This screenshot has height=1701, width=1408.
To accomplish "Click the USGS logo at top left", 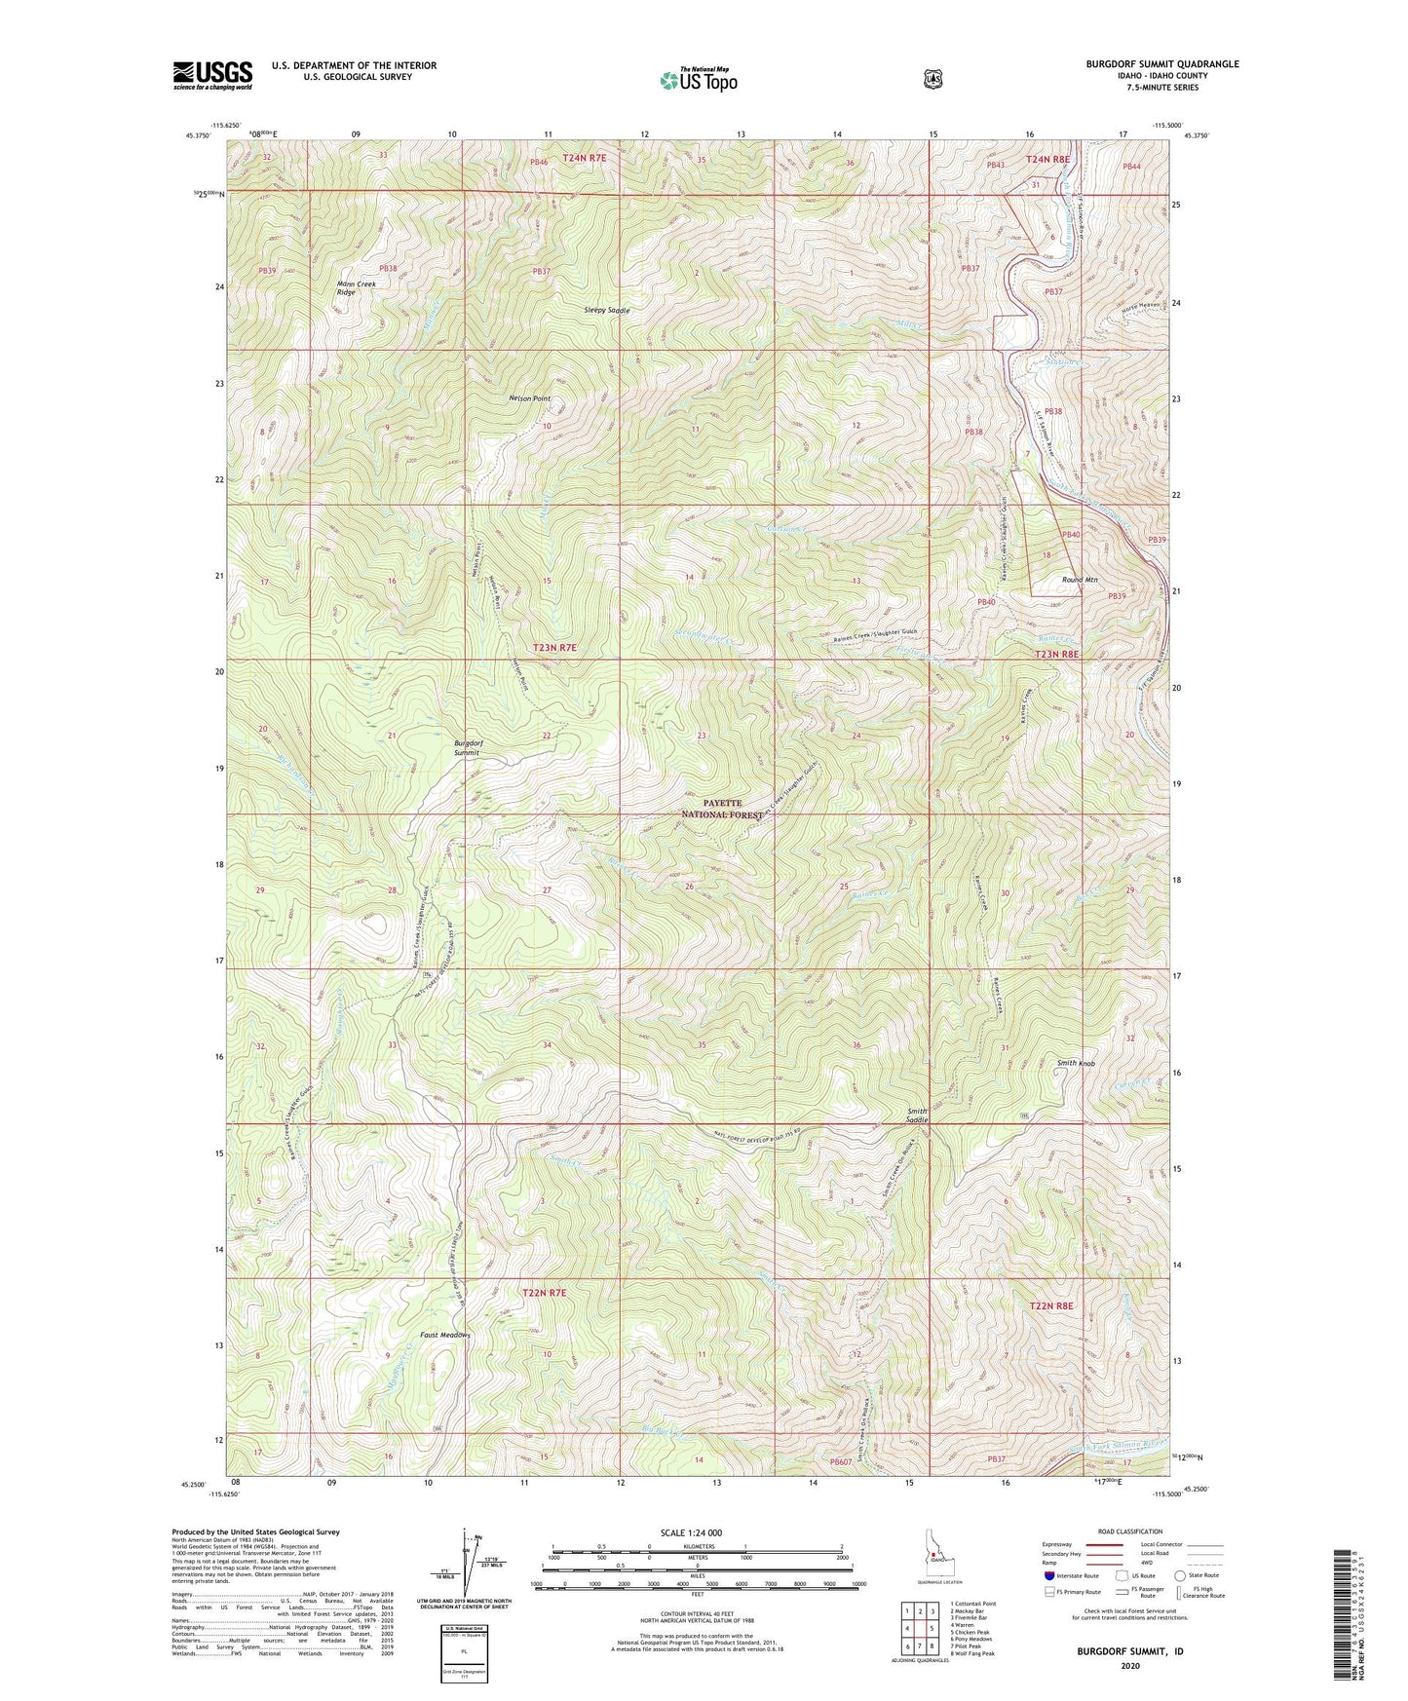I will [212, 75].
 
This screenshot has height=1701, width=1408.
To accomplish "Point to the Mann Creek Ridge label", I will [356, 287].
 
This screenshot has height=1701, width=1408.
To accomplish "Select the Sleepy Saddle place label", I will [606, 310].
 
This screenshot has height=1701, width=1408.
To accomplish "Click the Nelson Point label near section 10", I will [529, 398].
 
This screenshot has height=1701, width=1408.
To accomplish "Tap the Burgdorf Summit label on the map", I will [469, 747].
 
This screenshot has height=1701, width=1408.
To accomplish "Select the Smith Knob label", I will [1077, 1063].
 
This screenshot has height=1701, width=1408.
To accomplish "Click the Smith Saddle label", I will [917, 1115].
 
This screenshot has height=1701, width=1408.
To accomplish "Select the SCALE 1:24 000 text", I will [696, 1532].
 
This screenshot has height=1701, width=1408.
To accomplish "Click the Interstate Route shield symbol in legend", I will [1048, 1574].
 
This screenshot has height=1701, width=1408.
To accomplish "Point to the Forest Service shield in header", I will [932, 79].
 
